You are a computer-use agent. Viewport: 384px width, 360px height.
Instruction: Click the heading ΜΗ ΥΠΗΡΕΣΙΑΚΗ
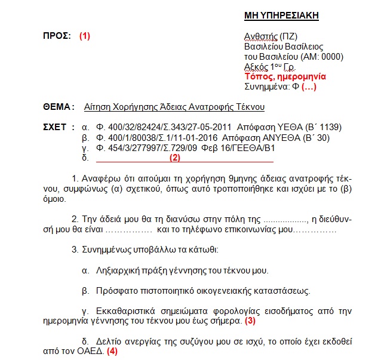pos(281,16)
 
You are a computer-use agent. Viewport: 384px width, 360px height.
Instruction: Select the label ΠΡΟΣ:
pos(57,35)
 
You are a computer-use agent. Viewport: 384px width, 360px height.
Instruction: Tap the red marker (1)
pos(85,35)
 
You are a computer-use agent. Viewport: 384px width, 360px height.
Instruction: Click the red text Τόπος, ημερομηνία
pos(285,77)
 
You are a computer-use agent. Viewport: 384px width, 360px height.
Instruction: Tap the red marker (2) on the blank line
pos(174,158)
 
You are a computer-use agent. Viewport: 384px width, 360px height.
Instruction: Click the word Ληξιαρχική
pos(118,270)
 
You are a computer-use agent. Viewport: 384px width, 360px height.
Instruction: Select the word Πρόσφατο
pos(116,291)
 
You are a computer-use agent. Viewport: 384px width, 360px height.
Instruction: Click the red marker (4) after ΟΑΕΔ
pos(112,352)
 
